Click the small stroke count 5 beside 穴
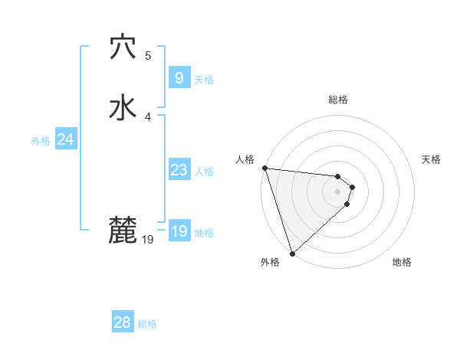pyautogui.click(x=148, y=55)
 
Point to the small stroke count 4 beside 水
pyautogui.click(x=148, y=116)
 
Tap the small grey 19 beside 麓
pyautogui.click(x=148, y=240)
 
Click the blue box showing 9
pyautogui.click(x=179, y=78)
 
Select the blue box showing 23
pyautogui.click(x=179, y=170)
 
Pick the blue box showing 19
pyautogui.click(x=179, y=231)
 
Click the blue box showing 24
pyautogui.click(x=65, y=139)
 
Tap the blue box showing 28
pyautogui.click(x=123, y=322)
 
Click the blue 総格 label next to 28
pyautogui.click(x=147, y=324)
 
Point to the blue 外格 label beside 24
pyautogui.click(x=41, y=141)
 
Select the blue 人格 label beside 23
pyautogui.click(x=205, y=172)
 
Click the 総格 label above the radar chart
pyautogui.click(x=338, y=100)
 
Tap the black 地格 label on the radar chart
pyautogui.click(x=402, y=262)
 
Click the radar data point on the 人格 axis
pyautogui.click(x=264, y=168)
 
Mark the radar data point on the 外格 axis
pyautogui.click(x=292, y=253)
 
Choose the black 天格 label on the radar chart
pyautogui.click(x=431, y=159)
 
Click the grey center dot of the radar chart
pyautogui.click(x=338, y=191)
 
